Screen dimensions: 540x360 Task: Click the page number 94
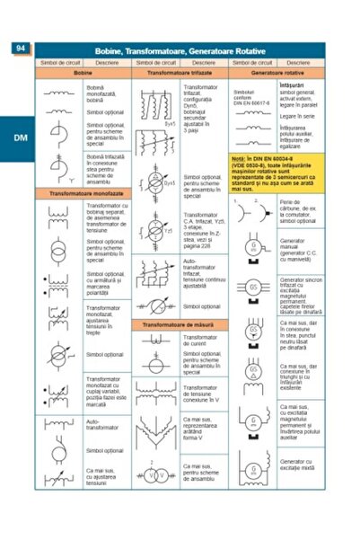(22, 49)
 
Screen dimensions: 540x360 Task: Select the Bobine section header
(83, 73)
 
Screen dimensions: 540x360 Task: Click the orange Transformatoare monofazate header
(83, 193)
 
